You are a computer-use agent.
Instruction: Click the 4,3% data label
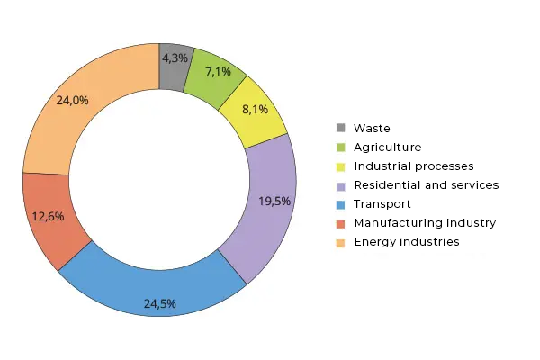tap(175, 58)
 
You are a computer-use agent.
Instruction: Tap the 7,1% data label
tap(218, 71)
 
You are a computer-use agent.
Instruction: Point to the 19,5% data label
tap(274, 201)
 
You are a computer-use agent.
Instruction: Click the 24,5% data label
tap(160, 303)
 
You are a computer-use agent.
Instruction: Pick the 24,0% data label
tap(72, 101)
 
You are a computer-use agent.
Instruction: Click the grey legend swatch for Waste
tap(340, 128)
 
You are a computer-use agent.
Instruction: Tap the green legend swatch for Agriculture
tap(340, 147)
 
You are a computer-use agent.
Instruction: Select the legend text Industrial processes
tap(413, 166)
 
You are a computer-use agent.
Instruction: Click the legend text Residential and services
tap(426, 184)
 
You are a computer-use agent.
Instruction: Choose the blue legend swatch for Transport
tap(340, 203)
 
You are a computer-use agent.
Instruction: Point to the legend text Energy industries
tap(407, 241)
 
